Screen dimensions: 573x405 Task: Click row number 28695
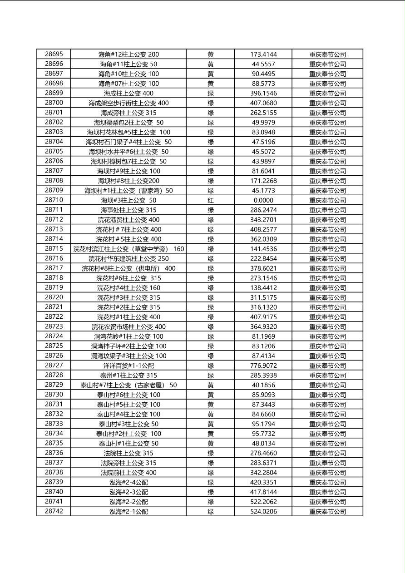pos(54,54)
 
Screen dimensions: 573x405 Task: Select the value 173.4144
pos(263,54)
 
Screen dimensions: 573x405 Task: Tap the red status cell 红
pos(211,200)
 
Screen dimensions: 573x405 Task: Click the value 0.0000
pos(263,200)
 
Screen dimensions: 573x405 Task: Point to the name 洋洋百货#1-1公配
pos(128,366)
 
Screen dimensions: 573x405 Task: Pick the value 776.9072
pos(263,366)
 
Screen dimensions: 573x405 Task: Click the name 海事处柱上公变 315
pos(128,210)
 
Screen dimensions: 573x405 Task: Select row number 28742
pos(54,511)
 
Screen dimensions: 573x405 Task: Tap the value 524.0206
pos(263,512)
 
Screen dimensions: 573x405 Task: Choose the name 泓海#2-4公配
pos(128,482)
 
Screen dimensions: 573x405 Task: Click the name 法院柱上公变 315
pos(128,453)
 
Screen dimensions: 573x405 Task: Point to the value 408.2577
pos(263,230)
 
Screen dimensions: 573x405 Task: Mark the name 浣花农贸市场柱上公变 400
pos(128,327)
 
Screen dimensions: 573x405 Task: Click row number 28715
pos(54,249)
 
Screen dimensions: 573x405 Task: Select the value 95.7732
pos(263,434)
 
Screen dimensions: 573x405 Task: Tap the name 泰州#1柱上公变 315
pos(128,375)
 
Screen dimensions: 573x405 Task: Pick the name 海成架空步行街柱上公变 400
pos(128,103)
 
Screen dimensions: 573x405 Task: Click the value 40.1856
pos(263,385)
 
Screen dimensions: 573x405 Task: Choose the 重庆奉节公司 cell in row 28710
pos(327,200)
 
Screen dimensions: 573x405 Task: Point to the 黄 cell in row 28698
pos(211,84)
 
